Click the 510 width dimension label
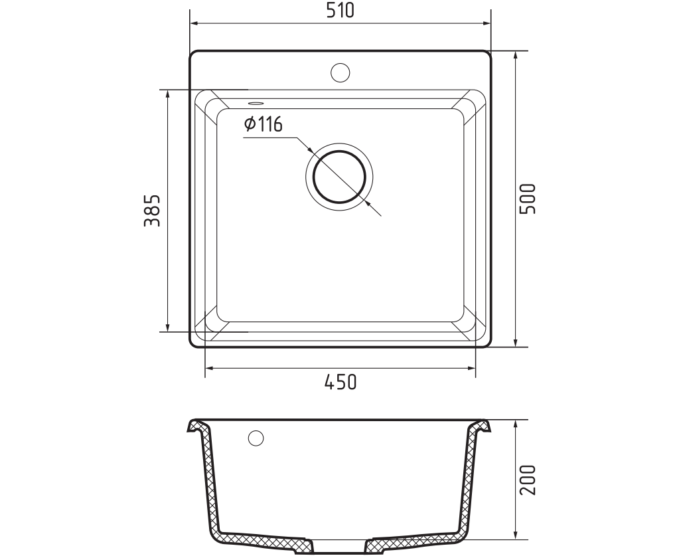[x=340, y=10]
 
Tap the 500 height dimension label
[x=528, y=199]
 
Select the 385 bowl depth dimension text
[x=152, y=211]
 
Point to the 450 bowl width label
[x=340, y=382]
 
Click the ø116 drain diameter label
[x=264, y=124]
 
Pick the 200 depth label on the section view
[x=528, y=480]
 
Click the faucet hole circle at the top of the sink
[x=340, y=72]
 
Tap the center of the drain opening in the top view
[x=340, y=177]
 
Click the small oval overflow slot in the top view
[x=255, y=103]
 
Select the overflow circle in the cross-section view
[x=256, y=438]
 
